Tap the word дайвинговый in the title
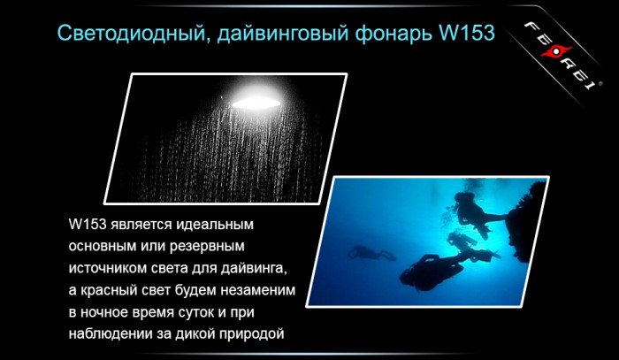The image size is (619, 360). [x=275, y=34]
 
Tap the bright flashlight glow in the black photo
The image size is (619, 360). [x=257, y=101]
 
